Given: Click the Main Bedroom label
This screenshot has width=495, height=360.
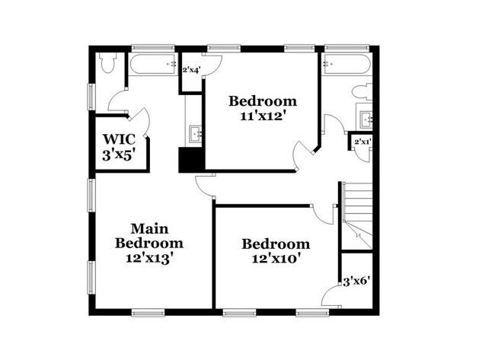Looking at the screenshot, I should pyautogui.click(x=148, y=235).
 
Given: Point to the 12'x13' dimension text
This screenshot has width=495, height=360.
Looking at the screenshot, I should pyautogui.click(x=148, y=257).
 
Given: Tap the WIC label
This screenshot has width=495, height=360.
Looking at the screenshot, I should pyautogui.click(x=119, y=139).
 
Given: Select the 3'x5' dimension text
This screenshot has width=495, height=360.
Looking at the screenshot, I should pyautogui.click(x=119, y=155).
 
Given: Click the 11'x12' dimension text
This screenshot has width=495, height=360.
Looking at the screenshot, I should pyautogui.click(x=263, y=116).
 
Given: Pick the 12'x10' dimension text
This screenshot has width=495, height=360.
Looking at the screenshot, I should pyautogui.click(x=276, y=259).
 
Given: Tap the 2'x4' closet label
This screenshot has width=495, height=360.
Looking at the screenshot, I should pyautogui.click(x=190, y=69).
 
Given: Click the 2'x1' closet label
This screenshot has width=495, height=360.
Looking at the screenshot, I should pyautogui.click(x=361, y=142).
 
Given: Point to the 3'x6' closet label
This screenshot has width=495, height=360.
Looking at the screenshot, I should pyautogui.click(x=356, y=281).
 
